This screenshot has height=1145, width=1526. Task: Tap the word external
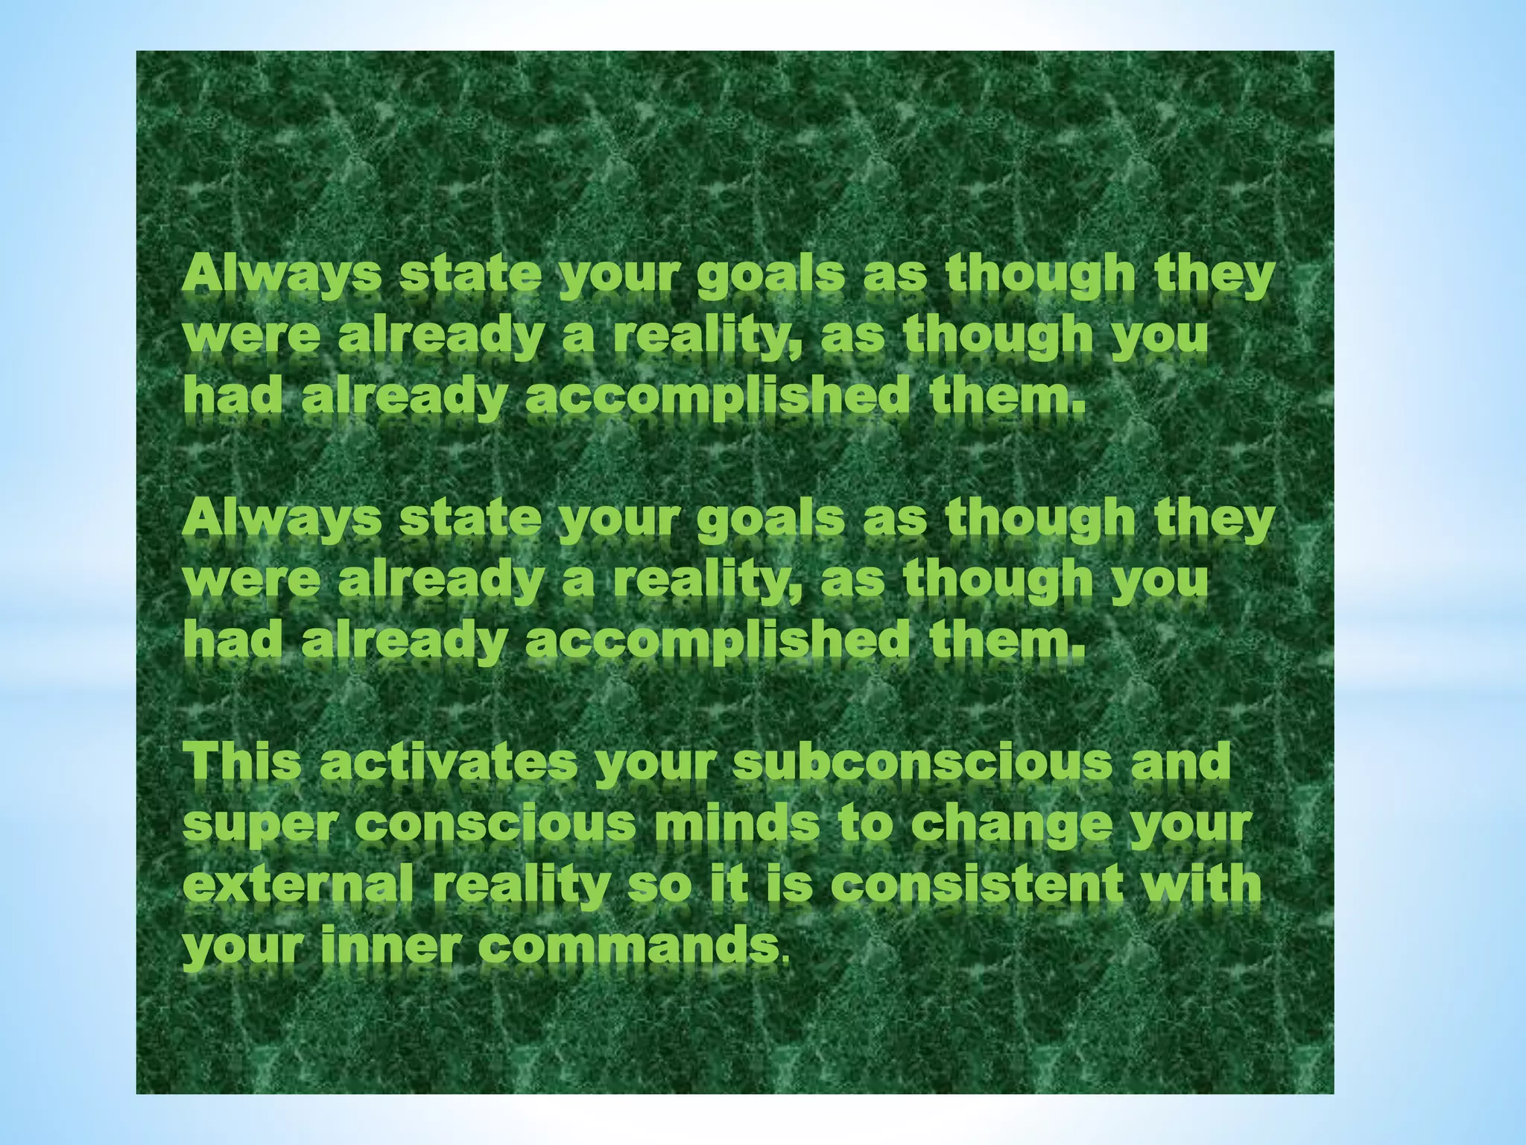click(297, 886)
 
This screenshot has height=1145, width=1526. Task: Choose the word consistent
click(977, 886)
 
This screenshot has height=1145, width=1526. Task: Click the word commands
click(624, 947)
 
